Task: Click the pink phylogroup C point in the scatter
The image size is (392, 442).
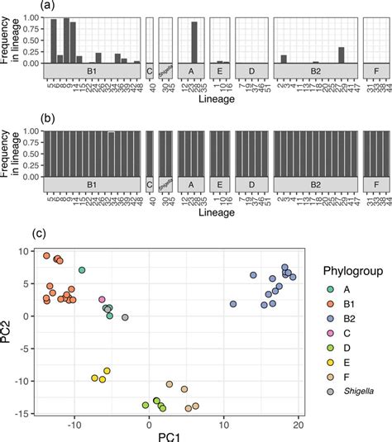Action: click(102, 300)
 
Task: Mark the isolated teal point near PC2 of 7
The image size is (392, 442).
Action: click(82, 270)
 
